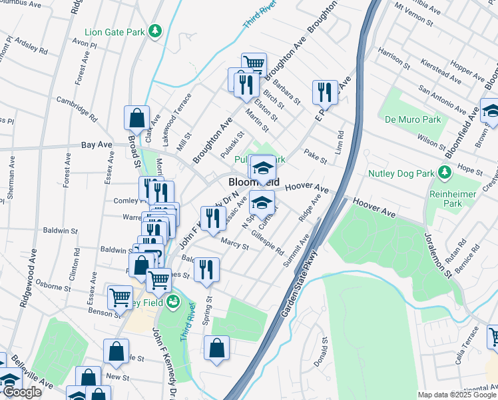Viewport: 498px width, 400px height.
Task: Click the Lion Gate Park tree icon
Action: [x=155, y=31]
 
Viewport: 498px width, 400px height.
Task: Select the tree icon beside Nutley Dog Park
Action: [x=445, y=173]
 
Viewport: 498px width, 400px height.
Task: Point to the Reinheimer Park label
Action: [x=462, y=198]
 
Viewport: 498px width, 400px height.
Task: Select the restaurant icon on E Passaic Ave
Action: [x=324, y=91]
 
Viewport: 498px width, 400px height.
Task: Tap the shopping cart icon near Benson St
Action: [x=120, y=296]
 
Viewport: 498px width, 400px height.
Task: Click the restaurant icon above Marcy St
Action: [x=213, y=217]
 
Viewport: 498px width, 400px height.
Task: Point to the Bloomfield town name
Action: [x=254, y=181]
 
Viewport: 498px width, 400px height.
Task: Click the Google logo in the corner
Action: [x=21, y=392]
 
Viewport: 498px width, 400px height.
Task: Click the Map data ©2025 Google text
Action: [x=457, y=395]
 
